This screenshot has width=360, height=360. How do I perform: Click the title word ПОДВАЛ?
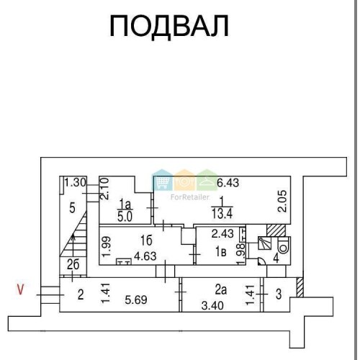(x=169, y=26)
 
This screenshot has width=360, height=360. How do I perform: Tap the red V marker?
(x=20, y=289)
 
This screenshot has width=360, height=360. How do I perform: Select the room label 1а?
(x=125, y=204)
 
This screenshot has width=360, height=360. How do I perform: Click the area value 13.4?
(x=222, y=213)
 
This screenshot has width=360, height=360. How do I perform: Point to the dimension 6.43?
(x=228, y=183)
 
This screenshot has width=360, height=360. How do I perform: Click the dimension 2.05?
(x=282, y=201)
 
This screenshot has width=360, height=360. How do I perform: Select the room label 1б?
(x=146, y=240)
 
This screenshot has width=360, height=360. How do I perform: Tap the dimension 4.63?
(x=145, y=256)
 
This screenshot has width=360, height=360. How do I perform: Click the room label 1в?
(x=220, y=252)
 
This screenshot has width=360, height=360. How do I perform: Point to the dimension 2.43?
(x=222, y=233)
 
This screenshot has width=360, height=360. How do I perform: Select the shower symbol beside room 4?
(x=264, y=243)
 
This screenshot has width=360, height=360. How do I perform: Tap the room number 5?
(x=72, y=208)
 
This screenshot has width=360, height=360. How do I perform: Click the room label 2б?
(x=73, y=265)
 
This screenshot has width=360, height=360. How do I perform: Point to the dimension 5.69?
(x=136, y=300)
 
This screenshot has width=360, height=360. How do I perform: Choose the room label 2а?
(x=221, y=290)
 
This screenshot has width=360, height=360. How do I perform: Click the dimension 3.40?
(x=212, y=306)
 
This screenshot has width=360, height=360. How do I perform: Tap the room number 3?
(x=279, y=294)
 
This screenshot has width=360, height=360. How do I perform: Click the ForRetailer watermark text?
(x=190, y=197)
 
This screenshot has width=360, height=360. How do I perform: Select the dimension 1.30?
(x=76, y=183)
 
